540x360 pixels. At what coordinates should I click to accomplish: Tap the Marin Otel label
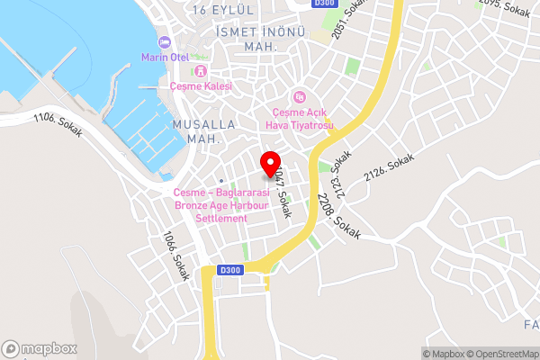pos(163,57)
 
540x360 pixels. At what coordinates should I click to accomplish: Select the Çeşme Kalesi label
pos(201,86)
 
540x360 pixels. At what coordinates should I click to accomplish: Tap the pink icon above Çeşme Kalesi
pos(201,70)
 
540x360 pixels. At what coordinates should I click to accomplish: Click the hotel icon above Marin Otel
pos(164,42)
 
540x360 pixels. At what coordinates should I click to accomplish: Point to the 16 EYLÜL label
pos(224,9)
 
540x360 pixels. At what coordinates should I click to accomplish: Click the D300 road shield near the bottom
pos(230,270)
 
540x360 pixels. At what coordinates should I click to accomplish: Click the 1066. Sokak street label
pos(175,256)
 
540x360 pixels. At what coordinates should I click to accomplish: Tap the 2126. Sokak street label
pos(391,166)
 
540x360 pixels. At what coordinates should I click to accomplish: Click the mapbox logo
pos(38,348)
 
